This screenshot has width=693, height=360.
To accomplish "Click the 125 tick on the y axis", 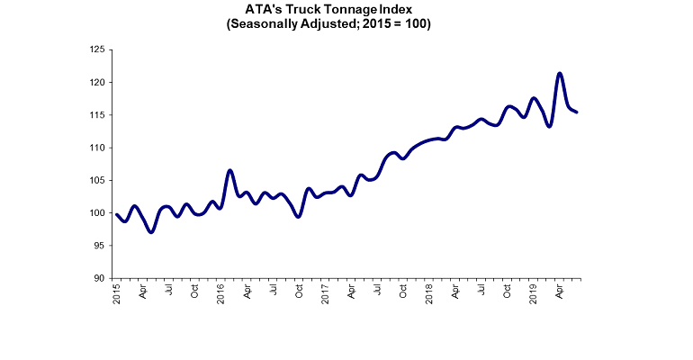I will pyautogui.click(x=97, y=49).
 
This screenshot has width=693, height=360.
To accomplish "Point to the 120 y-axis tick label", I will pyautogui.click(x=97, y=83).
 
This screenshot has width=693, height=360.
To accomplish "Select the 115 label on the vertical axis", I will pyautogui.click(x=97, y=115).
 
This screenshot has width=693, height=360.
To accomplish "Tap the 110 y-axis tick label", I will pyautogui.click(x=97, y=148).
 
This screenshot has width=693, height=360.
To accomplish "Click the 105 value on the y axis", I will pyautogui.click(x=97, y=180).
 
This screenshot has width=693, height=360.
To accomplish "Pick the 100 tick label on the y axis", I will pyautogui.click(x=97, y=213).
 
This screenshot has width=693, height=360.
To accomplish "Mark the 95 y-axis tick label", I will pyautogui.click(x=100, y=246).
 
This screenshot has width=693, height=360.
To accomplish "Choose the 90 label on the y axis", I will pyautogui.click(x=100, y=278).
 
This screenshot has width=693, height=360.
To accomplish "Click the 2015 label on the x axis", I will pyautogui.click(x=117, y=293).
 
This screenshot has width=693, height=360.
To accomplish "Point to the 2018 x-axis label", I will pyautogui.click(x=429, y=293).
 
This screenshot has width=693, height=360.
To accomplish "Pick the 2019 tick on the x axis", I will pyautogui.click(x=534, y=293).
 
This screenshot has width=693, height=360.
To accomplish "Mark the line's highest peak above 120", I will pyautogui.click(x=560, y=74).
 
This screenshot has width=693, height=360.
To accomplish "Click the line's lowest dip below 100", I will pyautogui.click(x=151, y=231).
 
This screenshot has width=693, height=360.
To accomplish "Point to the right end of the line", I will pyautogui.click(x=576, y=112).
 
